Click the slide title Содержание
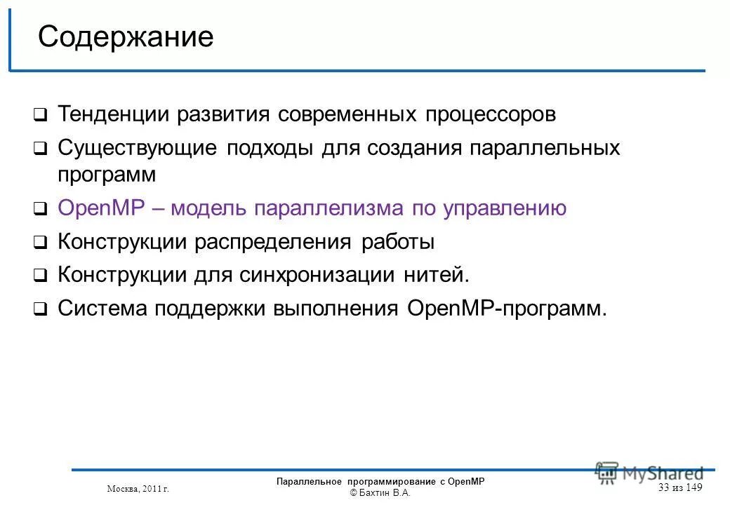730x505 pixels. (126, 37)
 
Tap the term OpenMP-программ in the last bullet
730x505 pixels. (506, 308)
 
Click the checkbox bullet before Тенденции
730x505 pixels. (41, 114)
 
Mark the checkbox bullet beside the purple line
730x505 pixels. (41, 209)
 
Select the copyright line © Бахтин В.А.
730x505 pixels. (380, 493)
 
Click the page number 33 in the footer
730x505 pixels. (664, 488)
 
